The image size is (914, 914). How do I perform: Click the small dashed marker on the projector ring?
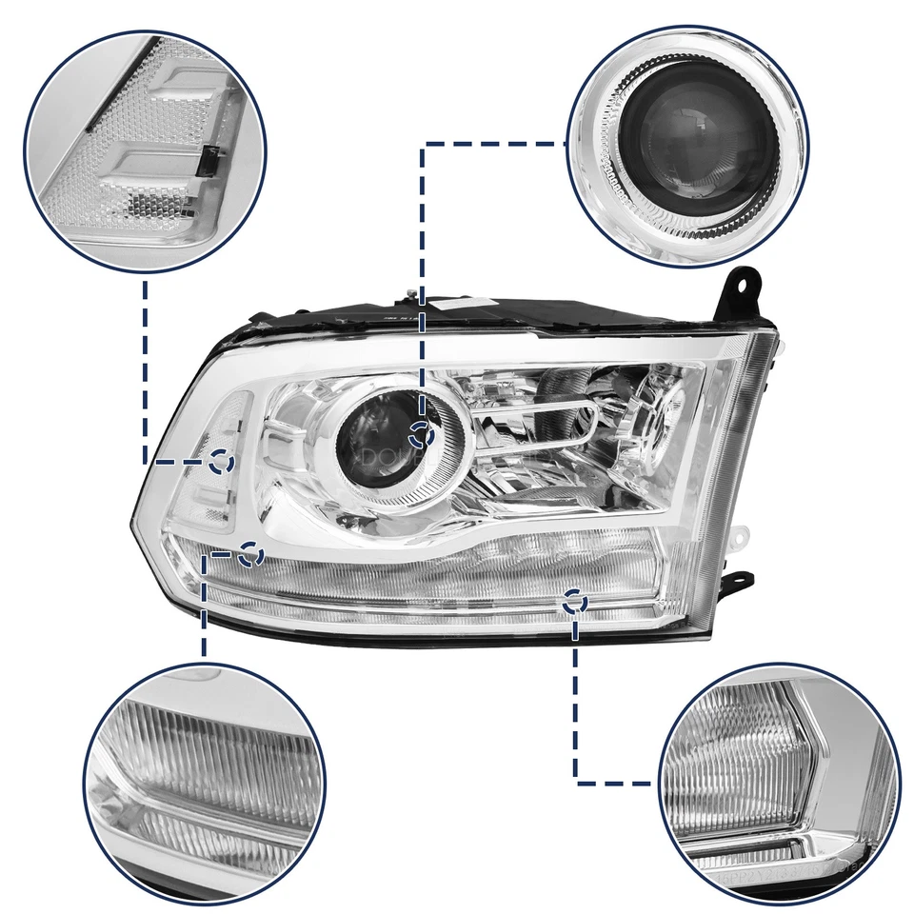tap(420, 437)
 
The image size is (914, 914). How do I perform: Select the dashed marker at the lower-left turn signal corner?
tap(250, 553)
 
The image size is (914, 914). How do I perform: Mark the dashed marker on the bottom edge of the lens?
tap(573, 601)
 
